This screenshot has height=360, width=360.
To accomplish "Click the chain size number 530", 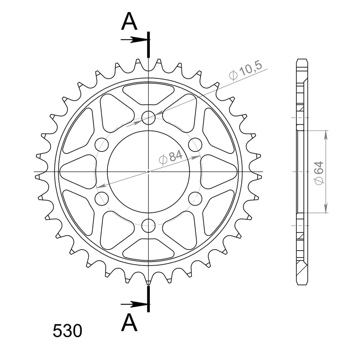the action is pos(67,331).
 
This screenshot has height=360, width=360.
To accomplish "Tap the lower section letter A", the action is pos(129,322).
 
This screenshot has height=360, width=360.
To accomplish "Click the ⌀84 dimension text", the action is pos(171,157).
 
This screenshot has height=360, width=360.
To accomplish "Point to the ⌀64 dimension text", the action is pos(319,173).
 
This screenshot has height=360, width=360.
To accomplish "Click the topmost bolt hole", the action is pos(148,118).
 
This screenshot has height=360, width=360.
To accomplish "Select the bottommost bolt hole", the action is pos(148,225).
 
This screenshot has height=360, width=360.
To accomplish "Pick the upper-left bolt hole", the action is pos(102,145).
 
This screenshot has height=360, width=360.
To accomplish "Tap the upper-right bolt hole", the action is pos(195,145).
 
